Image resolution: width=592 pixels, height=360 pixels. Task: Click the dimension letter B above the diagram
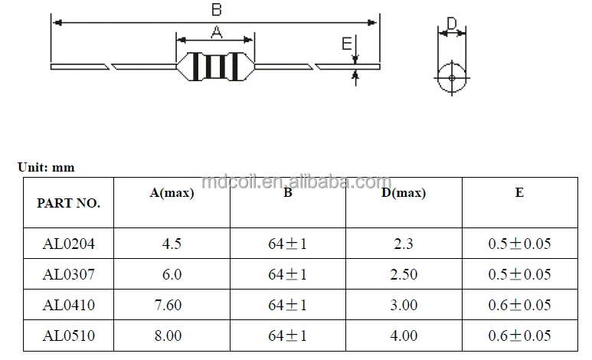[x=217, y=9]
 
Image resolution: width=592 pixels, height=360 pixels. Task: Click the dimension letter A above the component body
[x=216, y=31]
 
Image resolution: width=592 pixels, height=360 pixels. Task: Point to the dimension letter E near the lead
[x=346, y=44]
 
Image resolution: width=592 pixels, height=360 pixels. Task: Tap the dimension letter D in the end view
[x=451, y=25]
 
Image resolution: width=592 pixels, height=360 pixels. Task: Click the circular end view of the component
[x=452, y=78]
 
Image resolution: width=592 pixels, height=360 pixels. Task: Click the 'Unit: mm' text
[x=46, y=167]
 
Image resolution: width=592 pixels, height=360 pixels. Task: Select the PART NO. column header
[x=68, y=204]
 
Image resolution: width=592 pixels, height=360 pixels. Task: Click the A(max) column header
[x=172, y=193]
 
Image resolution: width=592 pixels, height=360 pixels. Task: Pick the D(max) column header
[x=404, y=193]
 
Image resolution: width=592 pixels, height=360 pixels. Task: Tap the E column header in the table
[x=519, y=193]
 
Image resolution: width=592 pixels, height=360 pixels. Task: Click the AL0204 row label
[x=68, y=244]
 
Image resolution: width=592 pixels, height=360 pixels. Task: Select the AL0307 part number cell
[x=68, y=274]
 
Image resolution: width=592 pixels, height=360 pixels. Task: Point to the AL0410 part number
[x=68, y=305]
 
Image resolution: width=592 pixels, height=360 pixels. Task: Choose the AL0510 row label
[x=68, y=335]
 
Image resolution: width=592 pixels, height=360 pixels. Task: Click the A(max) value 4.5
[x=172, y=244]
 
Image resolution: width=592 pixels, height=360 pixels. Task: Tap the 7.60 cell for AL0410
[x=172, y=305]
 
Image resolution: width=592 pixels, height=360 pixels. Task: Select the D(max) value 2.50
[x=404, y=274]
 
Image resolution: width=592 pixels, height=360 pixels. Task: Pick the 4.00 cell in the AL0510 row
[x=404, y=335]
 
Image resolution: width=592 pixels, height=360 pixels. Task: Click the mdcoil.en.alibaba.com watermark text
[x=296, y=182]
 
